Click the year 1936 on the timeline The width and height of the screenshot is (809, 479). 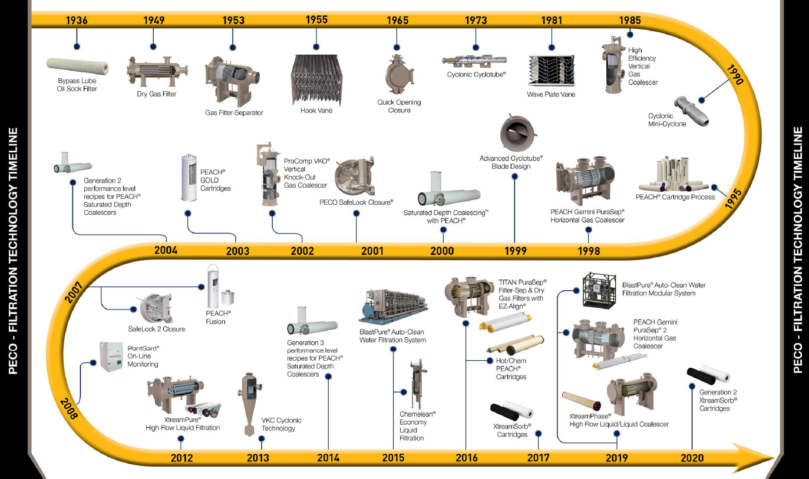[x=77, y=21]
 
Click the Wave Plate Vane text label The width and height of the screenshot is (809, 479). [x=550, y=94]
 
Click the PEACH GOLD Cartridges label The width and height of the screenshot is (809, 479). [x=215, y=180]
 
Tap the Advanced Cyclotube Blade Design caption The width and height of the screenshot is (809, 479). [x=510, y=162]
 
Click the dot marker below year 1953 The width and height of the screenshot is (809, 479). [x=232, y=48]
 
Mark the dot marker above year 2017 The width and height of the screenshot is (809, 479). [x=538, y=434]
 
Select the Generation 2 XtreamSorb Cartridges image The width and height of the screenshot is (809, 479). [x=708, y=375]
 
